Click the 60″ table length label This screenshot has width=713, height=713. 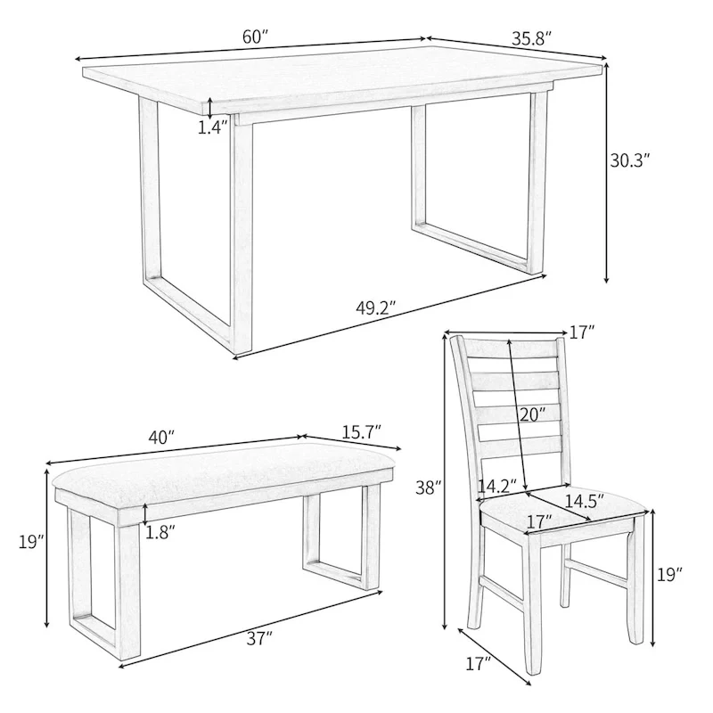254,37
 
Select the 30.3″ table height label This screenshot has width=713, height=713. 630,161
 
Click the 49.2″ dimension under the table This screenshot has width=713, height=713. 375,309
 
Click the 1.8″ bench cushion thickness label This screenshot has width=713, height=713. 160,532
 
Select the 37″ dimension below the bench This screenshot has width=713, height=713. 259,637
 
